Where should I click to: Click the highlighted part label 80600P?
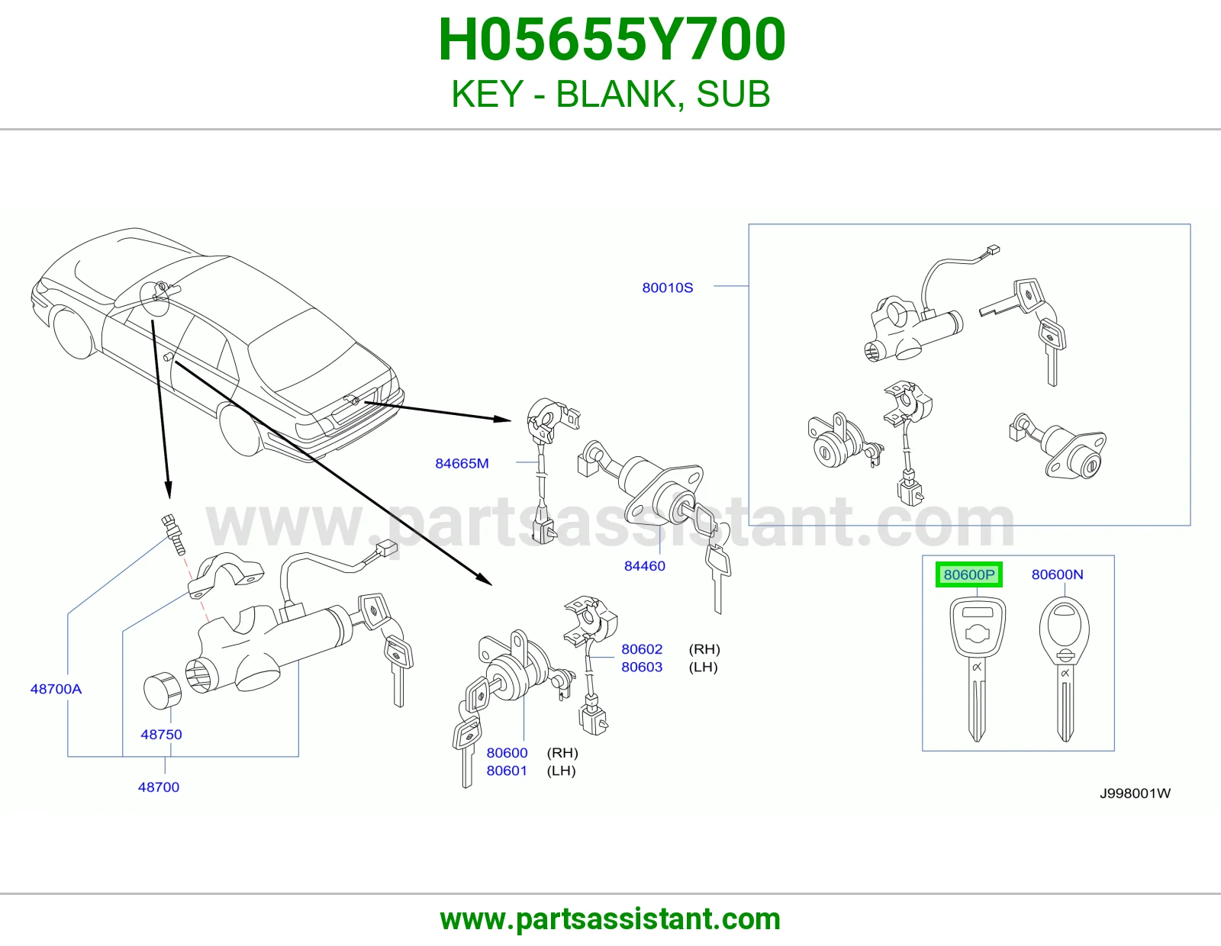click(x=968, y=574)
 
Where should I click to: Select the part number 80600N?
click(x=1057, y=574)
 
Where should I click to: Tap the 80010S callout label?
click(x=668, y=288)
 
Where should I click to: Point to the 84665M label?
click(x=462, y=463)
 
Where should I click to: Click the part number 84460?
click(x=645, y=565)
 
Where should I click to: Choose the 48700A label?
click(x=56, y=689)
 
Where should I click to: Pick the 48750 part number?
click(x=161, y=734)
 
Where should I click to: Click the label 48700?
click(x=159, y=787)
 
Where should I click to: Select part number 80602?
click(x=642, y=648)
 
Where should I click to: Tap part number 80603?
click(x=642, y=667)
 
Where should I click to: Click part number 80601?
click(x=507, y=771)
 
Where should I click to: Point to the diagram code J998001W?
click(x=1135, y=793)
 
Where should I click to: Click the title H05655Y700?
click(x=611, y=40)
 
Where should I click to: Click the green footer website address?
click(x=610, y=919)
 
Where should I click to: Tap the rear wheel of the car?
click(x=242, y=430)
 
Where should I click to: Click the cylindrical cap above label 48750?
click(x=163, y=690)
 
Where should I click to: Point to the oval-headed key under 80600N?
click(x=1065, y=668)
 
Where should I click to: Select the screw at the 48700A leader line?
click(x=174, y=534)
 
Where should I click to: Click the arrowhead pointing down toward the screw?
click(x=167, y=490)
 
